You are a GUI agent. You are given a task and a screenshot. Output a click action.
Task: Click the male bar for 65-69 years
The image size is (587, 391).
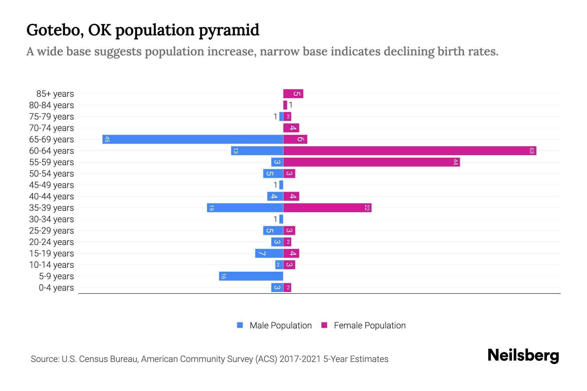point(192,139)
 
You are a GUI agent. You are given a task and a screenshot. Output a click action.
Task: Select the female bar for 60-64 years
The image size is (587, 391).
point(409,151)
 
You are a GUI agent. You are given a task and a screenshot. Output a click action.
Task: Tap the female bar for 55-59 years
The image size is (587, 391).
point(371,162)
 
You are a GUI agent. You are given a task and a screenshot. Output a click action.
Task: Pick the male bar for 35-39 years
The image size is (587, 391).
point(245,208)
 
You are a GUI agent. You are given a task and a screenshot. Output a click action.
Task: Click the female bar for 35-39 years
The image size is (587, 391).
point(327,208)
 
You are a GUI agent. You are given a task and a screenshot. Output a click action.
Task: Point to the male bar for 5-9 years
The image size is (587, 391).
point(251,276)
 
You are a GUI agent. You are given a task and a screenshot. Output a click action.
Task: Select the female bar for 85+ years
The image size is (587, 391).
point(293,94)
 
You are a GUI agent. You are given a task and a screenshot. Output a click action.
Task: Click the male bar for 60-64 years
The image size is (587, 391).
point(257,151)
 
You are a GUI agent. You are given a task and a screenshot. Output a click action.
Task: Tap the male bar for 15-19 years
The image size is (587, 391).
point(269,253)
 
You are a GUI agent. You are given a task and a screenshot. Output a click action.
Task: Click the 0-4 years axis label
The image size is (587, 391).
point(56,288)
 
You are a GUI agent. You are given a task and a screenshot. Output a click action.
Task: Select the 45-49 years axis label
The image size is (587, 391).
point(52,185)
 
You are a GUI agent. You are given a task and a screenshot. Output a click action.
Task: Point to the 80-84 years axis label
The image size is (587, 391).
point(52,105)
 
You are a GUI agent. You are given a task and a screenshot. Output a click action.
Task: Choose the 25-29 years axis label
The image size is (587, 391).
point(52,231)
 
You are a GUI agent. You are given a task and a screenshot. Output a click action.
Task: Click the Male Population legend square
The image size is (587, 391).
point(240,325)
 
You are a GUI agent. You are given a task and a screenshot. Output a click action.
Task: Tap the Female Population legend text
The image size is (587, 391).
point(369,326)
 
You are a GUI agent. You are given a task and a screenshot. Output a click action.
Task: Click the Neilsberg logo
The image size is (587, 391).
point(523,355)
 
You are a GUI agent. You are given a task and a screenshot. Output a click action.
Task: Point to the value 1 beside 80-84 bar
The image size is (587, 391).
point(291,105)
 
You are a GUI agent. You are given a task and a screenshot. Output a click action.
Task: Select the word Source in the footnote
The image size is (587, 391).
point(45,359)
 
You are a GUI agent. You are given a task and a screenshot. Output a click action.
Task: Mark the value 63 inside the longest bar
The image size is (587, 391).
point(532,151)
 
